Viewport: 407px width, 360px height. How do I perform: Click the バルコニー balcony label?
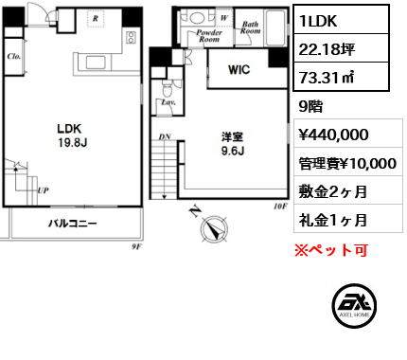73,224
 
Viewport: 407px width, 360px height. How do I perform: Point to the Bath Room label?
251,27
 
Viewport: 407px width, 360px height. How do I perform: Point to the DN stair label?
165,136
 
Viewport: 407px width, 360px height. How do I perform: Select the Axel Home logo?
355,306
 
